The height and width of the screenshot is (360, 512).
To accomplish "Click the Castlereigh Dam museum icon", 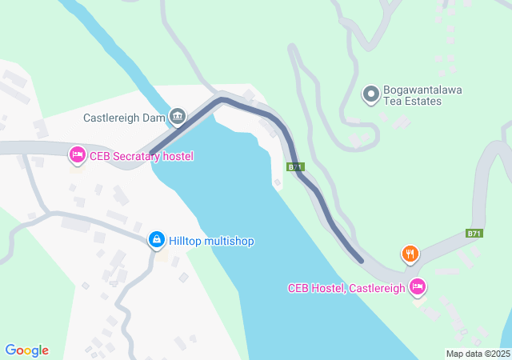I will pyautogui.click(x=178, y=117).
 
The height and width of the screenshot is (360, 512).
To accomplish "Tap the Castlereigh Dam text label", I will pyautogui.click(x=124, y=118).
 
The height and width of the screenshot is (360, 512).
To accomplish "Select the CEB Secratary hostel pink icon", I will pyautogui.click(x=77, y=153).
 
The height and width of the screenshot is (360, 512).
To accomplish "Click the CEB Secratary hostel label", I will pyautogui.click(x=142, y=156).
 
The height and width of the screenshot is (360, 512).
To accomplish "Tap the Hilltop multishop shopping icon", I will pyautogui.click(x=157, y=239).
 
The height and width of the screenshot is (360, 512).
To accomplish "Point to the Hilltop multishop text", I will pyautogui.click(x=212, y=241).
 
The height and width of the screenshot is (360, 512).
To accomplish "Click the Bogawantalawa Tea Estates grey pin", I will pyautogui.click(x=371, y=95).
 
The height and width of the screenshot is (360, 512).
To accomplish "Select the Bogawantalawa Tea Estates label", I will pyautogui.click(x=423, y=96).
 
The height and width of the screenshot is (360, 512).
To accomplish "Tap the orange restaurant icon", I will pyautogui.click(x=410, y=254).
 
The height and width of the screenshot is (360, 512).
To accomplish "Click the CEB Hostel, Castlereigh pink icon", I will pyautogui.click(x=417, y=286).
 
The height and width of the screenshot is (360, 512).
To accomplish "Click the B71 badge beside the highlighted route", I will pyautogui.click(x=296, y=167).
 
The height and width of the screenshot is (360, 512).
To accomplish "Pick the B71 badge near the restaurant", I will pyautogui.click(x=474, y=234).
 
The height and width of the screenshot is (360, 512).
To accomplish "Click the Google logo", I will pyautogui.click(x=26, y=350).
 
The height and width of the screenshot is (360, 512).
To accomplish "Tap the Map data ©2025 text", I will pyautogui.click(x=478, y=354).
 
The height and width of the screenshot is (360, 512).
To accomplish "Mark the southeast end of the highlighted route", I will pyautogui.click(x=361, y=259).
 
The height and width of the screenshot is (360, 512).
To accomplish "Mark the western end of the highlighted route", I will pyautogui.click(x=152, y=150).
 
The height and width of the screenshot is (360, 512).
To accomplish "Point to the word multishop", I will pyautogui.click(x=229, y=241).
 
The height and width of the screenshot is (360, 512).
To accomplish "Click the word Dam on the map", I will pyautogui.click(x=153, y=118).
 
